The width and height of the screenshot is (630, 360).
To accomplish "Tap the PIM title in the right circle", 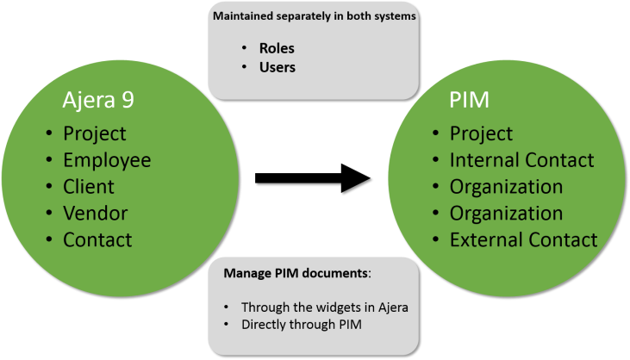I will tap(469, 100).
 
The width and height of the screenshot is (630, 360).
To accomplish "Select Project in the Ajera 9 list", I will tap(94, 133).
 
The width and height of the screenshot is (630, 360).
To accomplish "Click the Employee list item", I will tap(107, 160).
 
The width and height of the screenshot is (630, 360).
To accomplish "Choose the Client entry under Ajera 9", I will tap(89, 186).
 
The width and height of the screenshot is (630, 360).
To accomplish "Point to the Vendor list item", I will tap(95, 213).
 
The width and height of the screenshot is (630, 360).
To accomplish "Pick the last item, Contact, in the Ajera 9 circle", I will tap(97, 239).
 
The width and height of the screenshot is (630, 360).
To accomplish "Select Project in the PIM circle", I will tap(481, 133).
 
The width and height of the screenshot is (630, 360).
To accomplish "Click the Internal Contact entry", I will tap(521, 160).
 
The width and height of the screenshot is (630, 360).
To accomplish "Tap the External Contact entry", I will tap(523, 239).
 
